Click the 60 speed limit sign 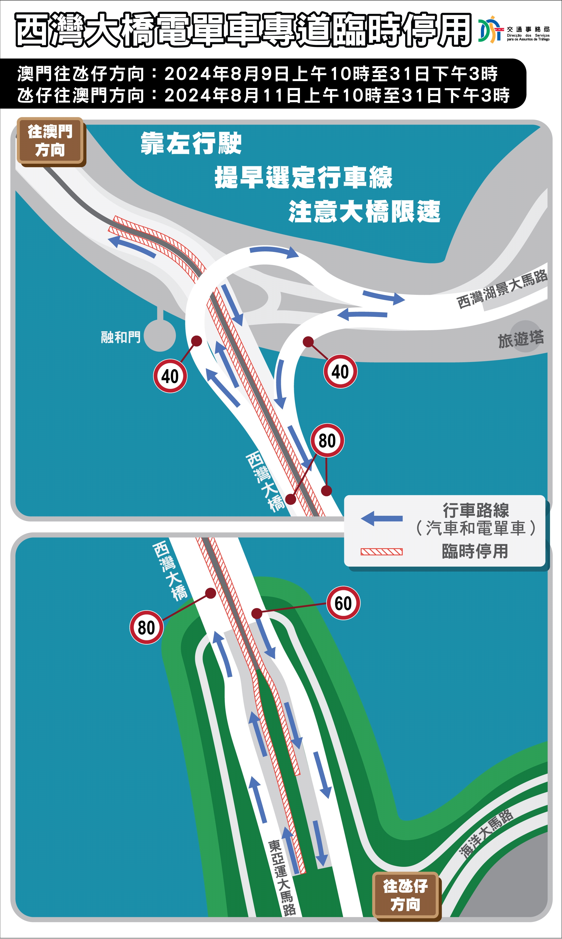point(343,603)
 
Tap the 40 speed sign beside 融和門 point(170,376)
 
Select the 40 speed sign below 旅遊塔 point(340,371)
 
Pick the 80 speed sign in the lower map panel point(147,627)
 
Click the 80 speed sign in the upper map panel point(327,440)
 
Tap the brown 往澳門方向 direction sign point(50,141)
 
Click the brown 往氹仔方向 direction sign point(406,896)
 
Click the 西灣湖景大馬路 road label point(502,289)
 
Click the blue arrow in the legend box point(382,518)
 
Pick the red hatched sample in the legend point(382,552)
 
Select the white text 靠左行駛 point(191,143)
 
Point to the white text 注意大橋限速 point(364,211)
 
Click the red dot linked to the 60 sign point(257,613)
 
